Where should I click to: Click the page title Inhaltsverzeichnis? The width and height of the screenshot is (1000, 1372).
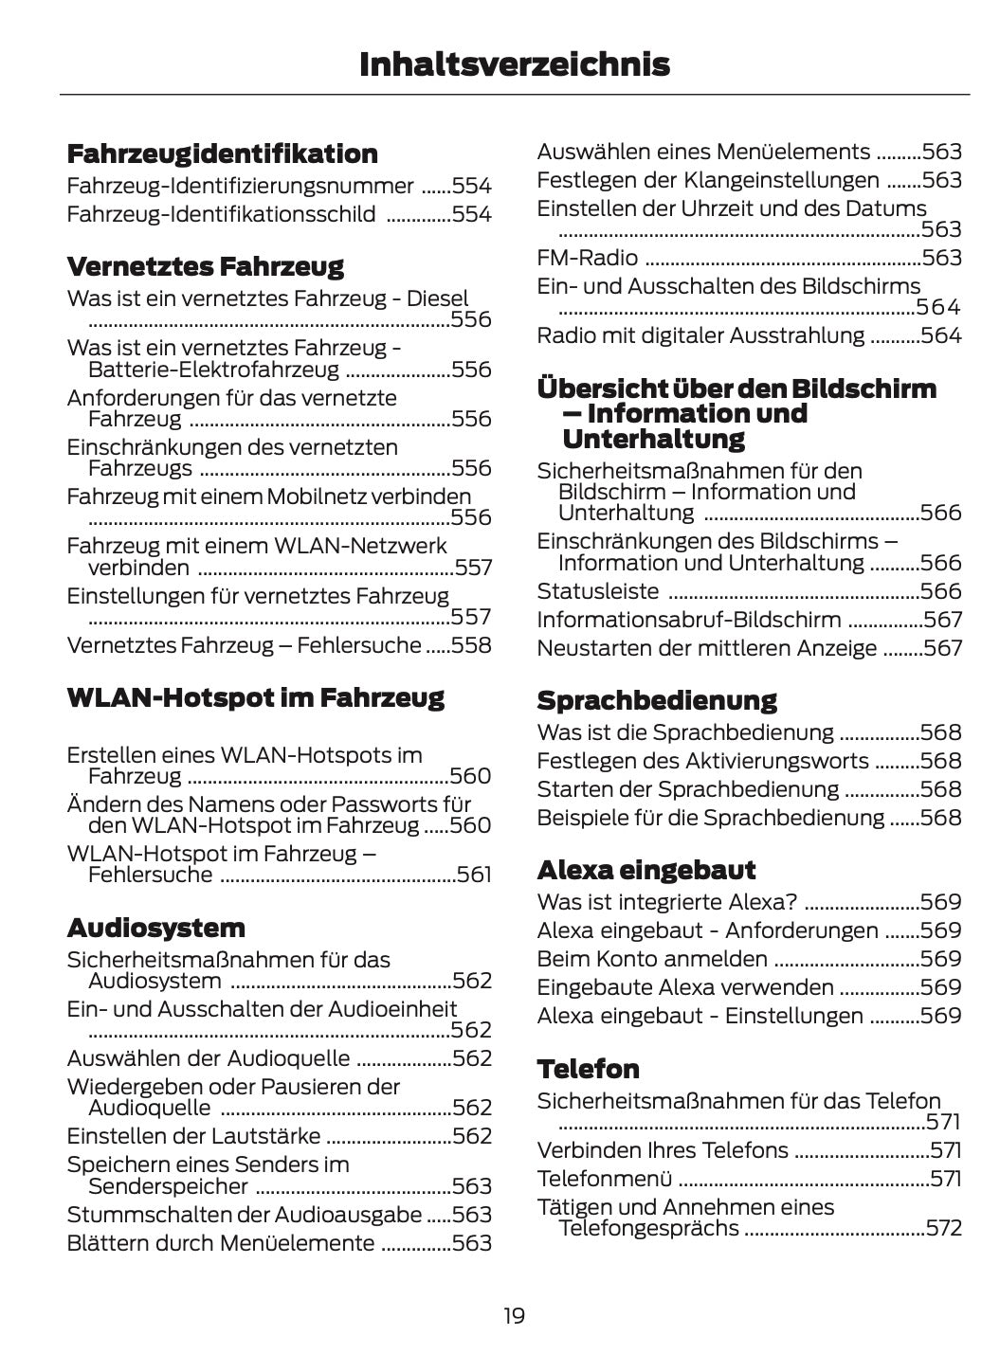pyautogui.click(x=514, y=64)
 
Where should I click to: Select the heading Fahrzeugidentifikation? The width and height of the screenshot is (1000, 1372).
pyautogui.click(x=222, y=153)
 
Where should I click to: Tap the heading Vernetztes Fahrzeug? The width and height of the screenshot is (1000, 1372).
pyautogui.click(x=205, y=266)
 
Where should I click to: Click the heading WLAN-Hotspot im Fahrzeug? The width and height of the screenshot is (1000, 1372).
pyautogui.click(x=255, y=698)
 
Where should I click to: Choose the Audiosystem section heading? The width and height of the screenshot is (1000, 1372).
pyautogui.click(x=155, y=928)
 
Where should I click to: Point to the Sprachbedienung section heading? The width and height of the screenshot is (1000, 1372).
pyautogui.click(x=656, y=701)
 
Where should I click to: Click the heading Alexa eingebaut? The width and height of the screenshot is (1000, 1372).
pyautogui.click(x=645, y=870)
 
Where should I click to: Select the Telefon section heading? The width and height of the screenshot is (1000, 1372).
pyautogui.click(x=588, y=1069)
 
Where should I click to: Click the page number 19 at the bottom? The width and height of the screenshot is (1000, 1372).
pyautogui.click(x=514, y=1315)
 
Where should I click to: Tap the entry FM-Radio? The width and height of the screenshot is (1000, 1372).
pyautogui.click(x=587, y=258)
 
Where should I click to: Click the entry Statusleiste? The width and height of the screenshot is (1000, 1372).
pyautogui.click(x=597, y=591)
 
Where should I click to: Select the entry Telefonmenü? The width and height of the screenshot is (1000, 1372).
pyautogui.click(x=604, y=1179)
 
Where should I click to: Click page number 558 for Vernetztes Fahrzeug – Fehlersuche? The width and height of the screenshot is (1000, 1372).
pyautogui.click(x=472, y=646)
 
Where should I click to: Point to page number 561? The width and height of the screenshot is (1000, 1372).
pyautogui.click(x=473, y=875)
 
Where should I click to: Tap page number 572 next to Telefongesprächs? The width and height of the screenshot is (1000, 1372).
pyautogui.click(x=943, y=1229)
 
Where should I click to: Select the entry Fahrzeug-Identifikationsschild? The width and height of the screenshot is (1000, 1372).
pyautogui.click(x=221, y=214)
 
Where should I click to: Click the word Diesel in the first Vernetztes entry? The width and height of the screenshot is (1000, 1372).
pyautogui.click(x=437, y=298)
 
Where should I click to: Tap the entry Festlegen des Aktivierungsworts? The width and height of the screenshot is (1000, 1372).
pyautogui.click(x=702, y=761)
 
